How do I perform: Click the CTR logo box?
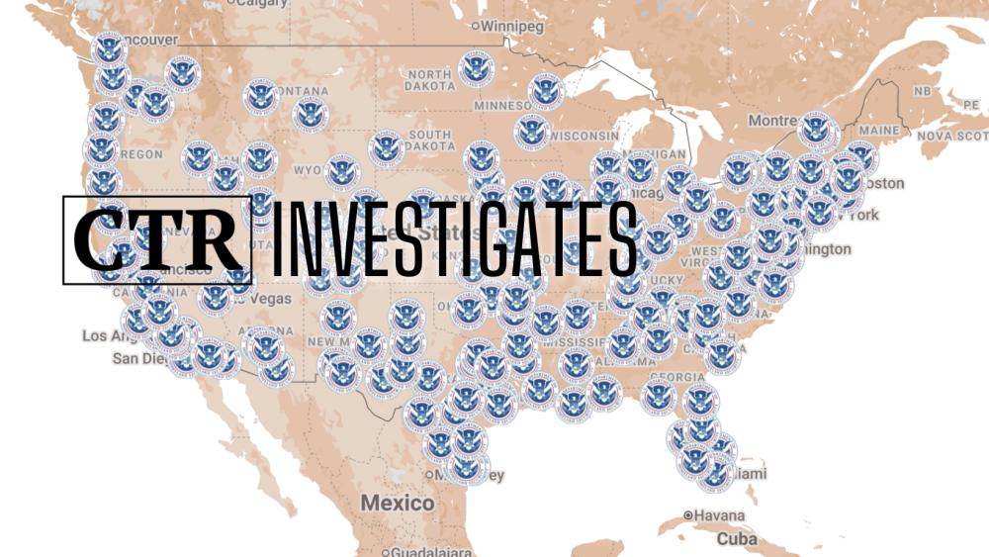(x=157, y=239)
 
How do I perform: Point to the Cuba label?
(x=737, y=539)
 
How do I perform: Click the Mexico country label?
(x=397, y=504)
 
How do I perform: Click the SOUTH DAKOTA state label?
(x=429, y=141)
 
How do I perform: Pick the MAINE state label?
(x=878, y=131)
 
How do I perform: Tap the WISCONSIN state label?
(x=584, y=136)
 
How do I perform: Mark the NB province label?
(x=922, y=91)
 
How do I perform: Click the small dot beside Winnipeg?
(x=476, y=26)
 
